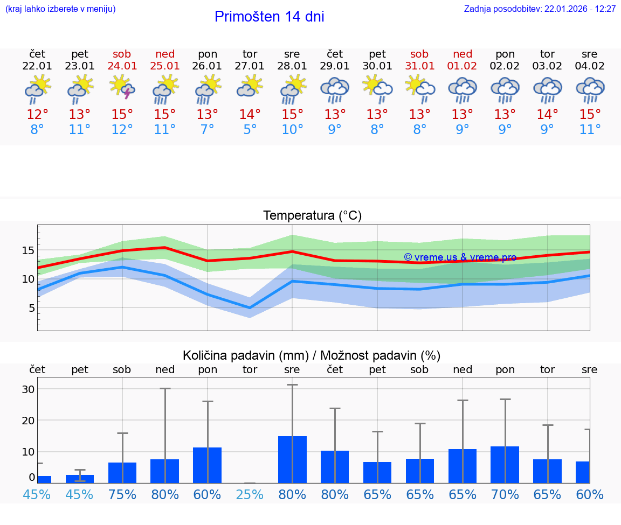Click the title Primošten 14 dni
click(x=269, y=17)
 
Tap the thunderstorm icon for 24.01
click(x=122, y=88)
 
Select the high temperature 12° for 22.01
click(x=37, y=115)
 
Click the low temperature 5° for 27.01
click(x=250, y=130)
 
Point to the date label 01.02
click(x=462, y=66)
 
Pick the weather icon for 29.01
click(x=335, y=89)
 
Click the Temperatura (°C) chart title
click(x=312, y=216)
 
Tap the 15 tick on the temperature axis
click(x=29, y=250)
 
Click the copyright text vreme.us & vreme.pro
click(x=460, y=257)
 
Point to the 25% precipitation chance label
click(x=250, y=494)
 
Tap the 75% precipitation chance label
click(x=122, y=494)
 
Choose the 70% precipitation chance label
click(x=505, y=494)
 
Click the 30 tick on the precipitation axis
click(x=28, y=389)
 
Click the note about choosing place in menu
click(x=60, y=9)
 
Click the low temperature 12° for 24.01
click(x=122, y=130)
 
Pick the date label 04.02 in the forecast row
click(x=590, y=66)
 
